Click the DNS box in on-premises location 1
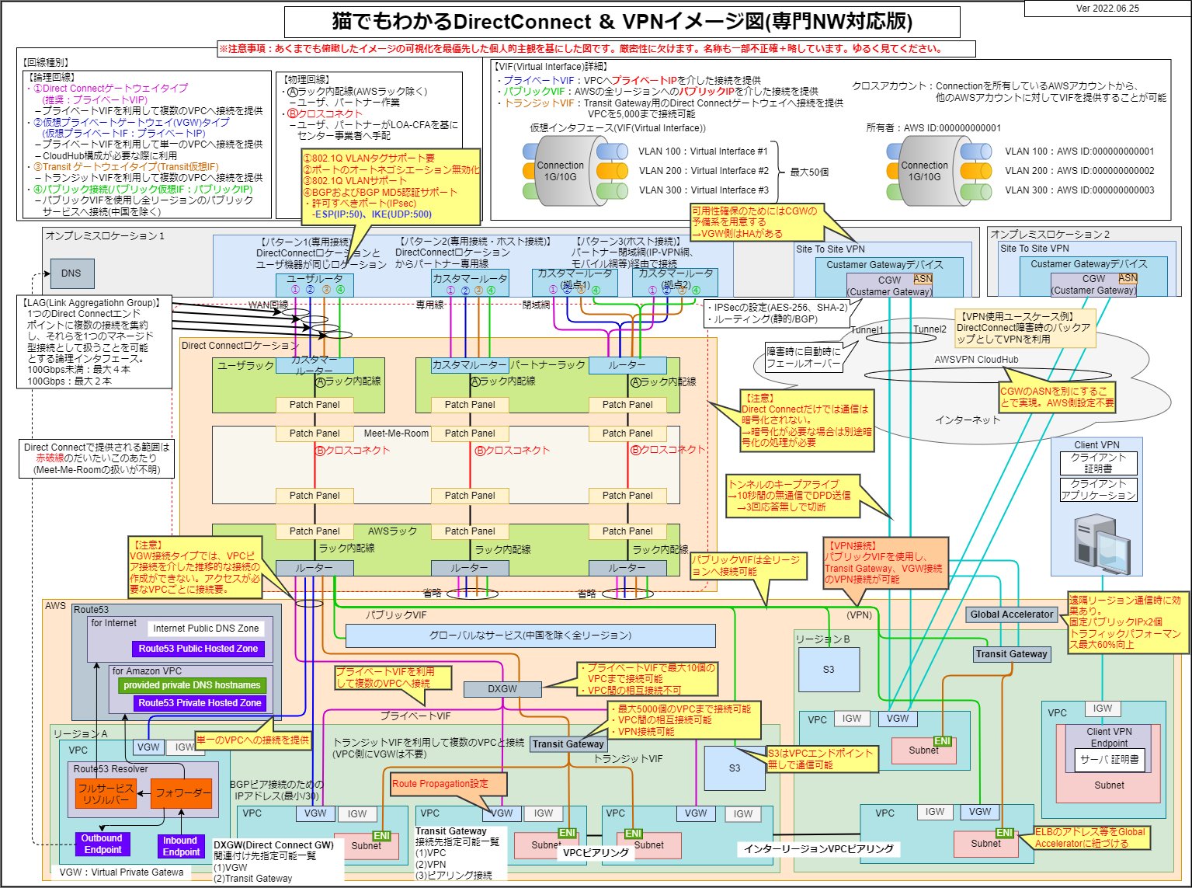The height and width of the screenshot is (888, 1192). (71, 273)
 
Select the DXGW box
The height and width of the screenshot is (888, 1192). (502, 689)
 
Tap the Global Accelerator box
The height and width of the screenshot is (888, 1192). (1011, 615)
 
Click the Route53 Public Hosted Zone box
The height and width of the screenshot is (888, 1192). (198, 649)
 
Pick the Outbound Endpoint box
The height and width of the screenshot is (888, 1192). (102, 844)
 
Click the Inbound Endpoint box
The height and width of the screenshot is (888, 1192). (180, 846)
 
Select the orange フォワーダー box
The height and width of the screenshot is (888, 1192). (181, 794)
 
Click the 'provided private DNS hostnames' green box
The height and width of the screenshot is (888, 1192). (192, 685)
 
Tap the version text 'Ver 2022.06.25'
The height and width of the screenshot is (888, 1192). (1107, 9)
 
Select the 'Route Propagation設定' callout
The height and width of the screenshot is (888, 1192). (440, 784)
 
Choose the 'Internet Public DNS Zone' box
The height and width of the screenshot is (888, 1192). (206, 629)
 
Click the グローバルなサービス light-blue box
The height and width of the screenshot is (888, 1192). (530, 636)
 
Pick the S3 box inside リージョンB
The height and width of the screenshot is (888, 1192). (829, 670)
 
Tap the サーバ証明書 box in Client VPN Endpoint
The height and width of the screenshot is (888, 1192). (1109, 760)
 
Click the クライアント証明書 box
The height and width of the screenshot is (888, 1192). (1098, 463)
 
